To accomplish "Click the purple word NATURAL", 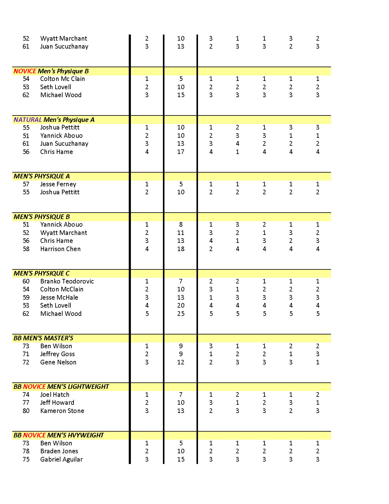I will tap(27, 120).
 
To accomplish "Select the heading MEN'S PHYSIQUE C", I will tap(41, 273).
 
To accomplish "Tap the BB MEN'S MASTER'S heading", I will tap(43, 338).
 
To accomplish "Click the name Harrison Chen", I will tap(60, 249).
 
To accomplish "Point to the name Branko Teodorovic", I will tap(67, 281).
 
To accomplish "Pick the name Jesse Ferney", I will tap(58, 184).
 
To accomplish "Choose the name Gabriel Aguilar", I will tap(61, 459).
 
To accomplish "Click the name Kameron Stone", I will tap(62, 411).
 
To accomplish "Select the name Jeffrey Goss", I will tap(57, 354).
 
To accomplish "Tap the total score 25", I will tap(181, 314).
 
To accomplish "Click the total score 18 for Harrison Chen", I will tap(181, 249).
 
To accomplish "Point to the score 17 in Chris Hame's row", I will tap(181, 152).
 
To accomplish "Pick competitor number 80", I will tap(26, 411).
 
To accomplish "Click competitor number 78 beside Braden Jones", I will tap(26, 451).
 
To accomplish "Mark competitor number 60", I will tap(26, 281).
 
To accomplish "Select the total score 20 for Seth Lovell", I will tap(181, 305).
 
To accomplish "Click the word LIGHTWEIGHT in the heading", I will tap(88, 387).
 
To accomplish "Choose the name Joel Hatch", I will tap(55, 395).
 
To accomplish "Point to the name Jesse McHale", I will tap(59, 298).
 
